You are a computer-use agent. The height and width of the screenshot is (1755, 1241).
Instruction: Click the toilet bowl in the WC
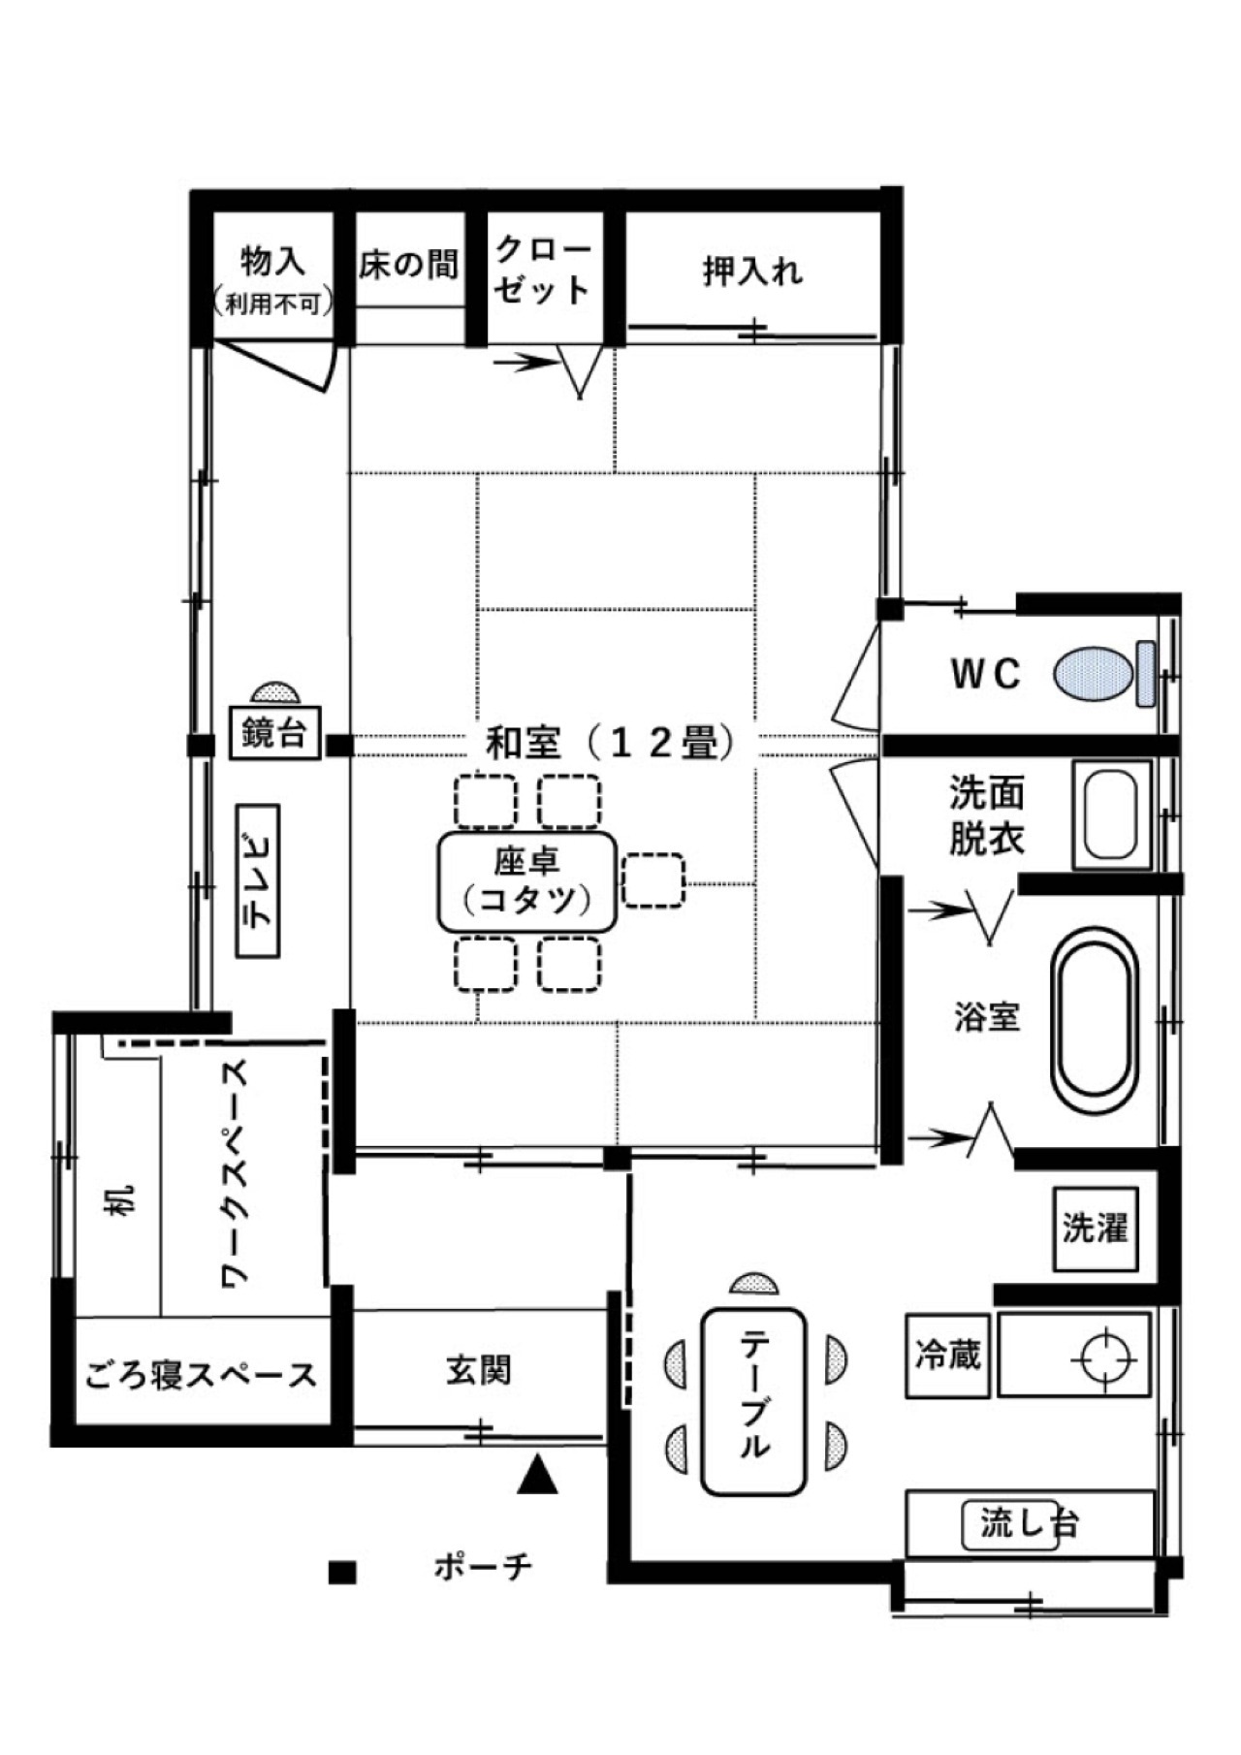click(1094, 674)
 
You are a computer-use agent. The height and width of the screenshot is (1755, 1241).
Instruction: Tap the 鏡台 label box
click(275, 733)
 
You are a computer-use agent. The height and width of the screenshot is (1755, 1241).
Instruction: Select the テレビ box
click(258, 880)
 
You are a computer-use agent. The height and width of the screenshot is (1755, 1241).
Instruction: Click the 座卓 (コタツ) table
click(526, 881)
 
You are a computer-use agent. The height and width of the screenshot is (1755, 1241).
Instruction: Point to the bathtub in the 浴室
click(1095, 1022)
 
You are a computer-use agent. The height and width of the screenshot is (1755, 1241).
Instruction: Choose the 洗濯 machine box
click(1095, 1228)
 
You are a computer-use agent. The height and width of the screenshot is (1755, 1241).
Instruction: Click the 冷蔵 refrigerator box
click(947, 1355)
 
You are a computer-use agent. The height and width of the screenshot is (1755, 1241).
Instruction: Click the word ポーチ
click(483, 1566)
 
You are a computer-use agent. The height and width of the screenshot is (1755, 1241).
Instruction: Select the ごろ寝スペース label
click(201, 1374)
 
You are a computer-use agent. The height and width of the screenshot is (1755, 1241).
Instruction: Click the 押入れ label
click(752, 271)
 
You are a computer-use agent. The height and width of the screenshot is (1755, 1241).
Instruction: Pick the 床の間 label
click(408, 263)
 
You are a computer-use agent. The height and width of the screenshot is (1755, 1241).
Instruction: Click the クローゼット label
click(543, 271)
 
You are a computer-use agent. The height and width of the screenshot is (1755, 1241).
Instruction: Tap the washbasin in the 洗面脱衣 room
click(1111, 814)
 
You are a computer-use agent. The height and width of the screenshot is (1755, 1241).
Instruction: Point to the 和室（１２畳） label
click(610, 744)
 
